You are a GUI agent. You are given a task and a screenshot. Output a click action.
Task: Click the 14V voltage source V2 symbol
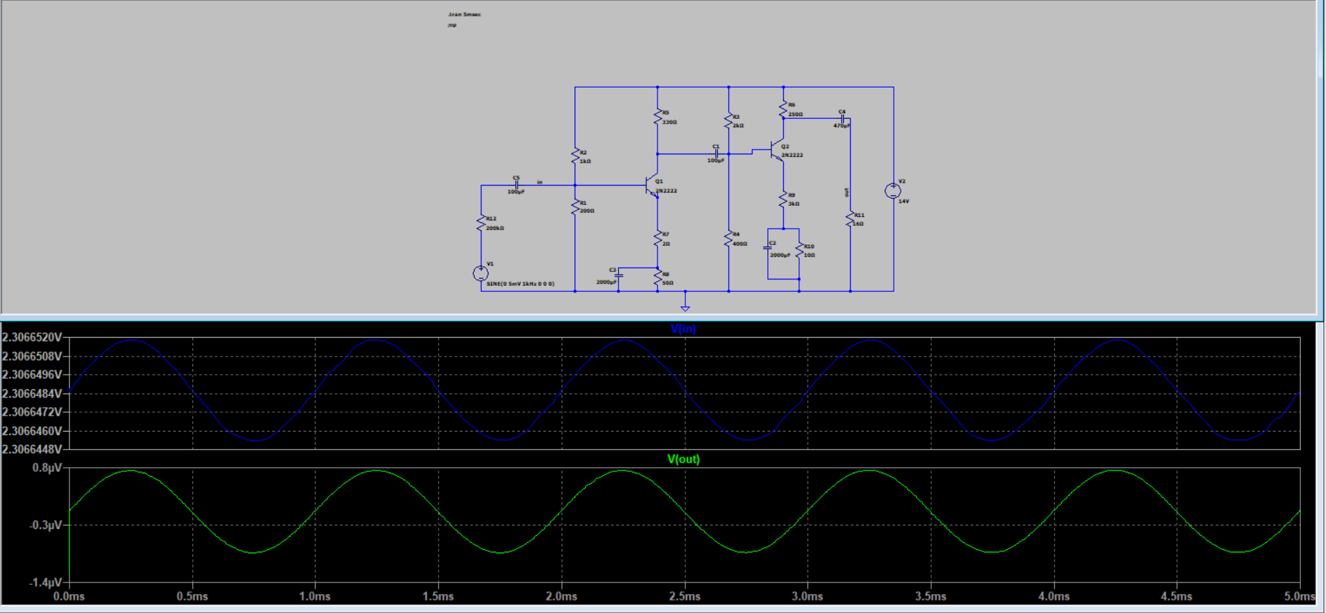(892, 190)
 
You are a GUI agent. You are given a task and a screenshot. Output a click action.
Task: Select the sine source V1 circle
(480, 273)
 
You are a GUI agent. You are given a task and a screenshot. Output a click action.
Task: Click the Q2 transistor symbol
(777, 151)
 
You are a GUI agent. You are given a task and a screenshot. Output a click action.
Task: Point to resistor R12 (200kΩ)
(480, 223)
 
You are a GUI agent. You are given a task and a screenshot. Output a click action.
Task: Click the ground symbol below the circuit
(685, 306)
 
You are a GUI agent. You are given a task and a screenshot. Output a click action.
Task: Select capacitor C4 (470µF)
(842, 119)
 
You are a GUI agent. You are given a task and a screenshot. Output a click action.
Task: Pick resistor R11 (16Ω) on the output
(849, 219)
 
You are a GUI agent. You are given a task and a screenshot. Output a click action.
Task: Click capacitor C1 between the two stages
(716, 154)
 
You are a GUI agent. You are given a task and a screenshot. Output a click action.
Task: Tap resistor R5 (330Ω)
(657, 117)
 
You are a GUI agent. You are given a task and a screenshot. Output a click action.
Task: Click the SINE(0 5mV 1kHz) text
(520, 284)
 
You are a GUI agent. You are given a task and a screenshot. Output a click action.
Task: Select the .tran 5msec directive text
(464, 14)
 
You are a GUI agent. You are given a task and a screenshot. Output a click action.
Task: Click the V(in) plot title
(683, 329)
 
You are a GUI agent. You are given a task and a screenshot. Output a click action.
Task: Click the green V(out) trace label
(683, 459)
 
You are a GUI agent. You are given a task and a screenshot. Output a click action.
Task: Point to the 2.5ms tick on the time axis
(685, 596)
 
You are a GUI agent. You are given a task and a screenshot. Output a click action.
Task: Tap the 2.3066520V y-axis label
(32, 337)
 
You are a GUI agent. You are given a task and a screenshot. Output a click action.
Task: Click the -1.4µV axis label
(46, 582)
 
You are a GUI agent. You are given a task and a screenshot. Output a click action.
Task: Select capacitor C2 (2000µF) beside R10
(768, 247)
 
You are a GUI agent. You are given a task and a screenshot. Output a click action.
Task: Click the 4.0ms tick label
(1054, 596)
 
